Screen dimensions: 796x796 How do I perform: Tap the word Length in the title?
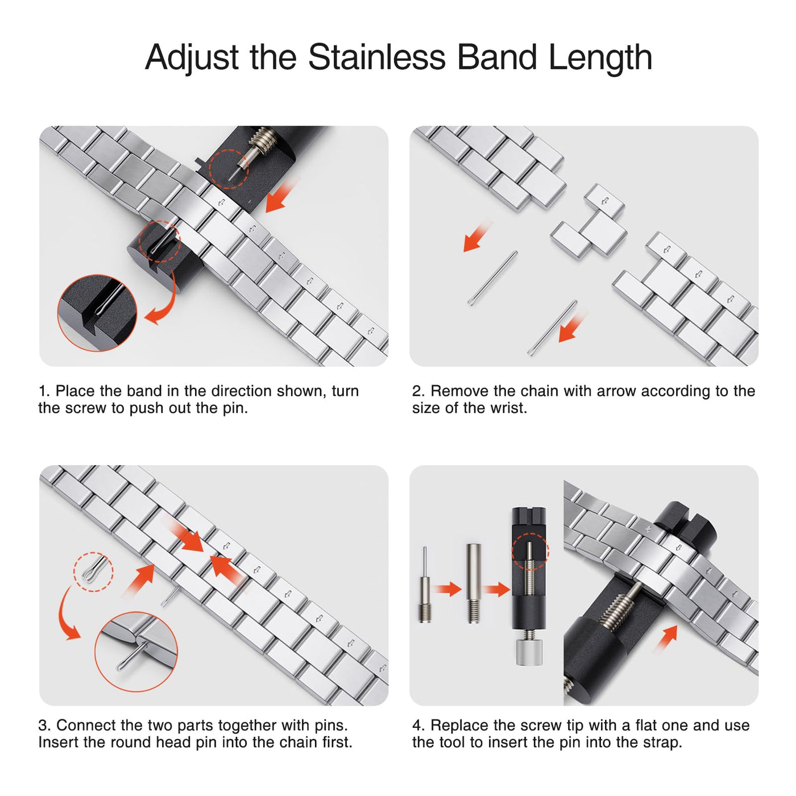pyautogui.click(x=600, y=58)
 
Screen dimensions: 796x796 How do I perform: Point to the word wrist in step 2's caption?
pyautogui.click(x=508, y=408)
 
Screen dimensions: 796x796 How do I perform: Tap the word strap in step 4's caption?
pyautogui.click(x=662, y=743)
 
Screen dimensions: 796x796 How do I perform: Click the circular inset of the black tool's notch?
pyautogui.click(x=97, y=313)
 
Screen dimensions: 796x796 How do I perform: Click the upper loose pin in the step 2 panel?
pyautogui.click(x=492, y=278)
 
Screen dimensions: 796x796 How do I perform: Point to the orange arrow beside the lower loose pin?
pyautogui.click(x=572, y=327)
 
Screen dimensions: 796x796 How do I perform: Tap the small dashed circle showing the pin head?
pyautogui.click(x=93, y=572)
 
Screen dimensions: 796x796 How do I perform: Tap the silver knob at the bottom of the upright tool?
pyautogui.click(x=529, y=652)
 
